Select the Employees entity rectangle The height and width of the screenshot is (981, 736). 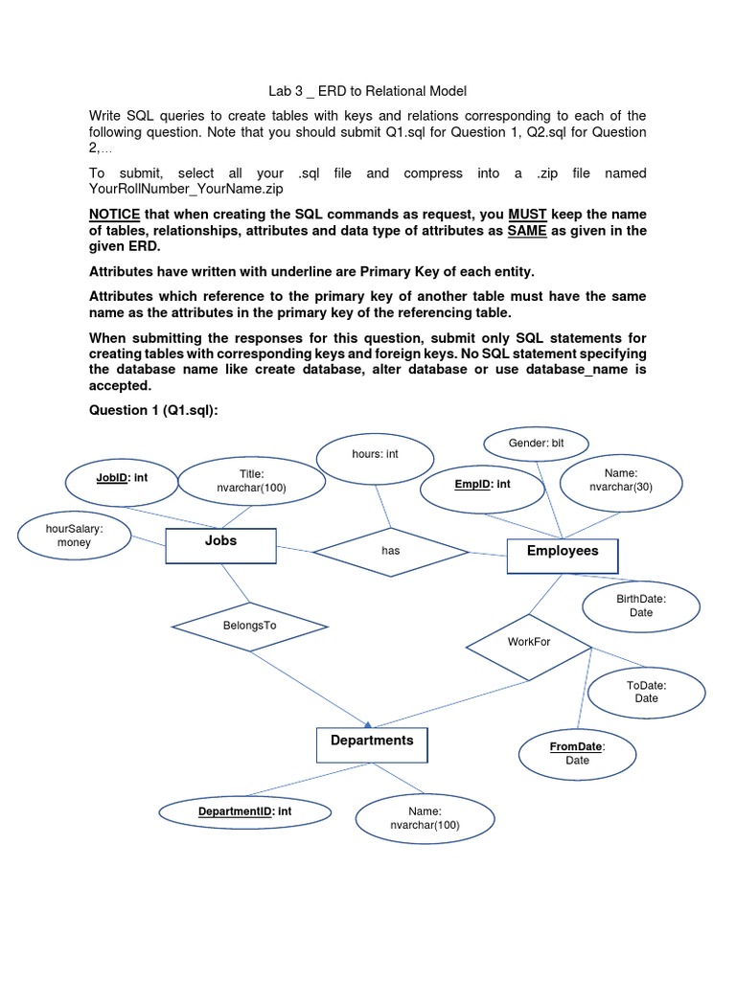563,555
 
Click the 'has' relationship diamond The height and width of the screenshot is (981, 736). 391,551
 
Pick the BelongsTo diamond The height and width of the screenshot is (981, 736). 250,627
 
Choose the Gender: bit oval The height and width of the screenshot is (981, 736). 536,444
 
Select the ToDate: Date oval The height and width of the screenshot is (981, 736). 646,692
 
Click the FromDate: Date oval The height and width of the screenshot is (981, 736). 577,753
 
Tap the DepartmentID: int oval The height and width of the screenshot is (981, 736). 244,812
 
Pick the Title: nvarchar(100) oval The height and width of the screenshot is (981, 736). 252,482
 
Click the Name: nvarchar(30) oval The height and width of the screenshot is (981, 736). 620,481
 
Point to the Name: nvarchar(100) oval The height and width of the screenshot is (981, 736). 425,818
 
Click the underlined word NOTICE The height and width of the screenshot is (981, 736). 114,214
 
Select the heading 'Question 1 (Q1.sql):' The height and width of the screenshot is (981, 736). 153,409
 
